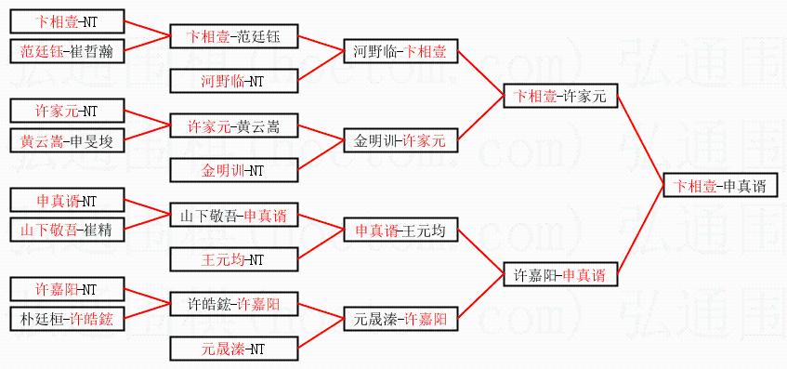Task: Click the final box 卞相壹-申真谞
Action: (720, 186)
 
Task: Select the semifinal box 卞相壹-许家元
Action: (560, 96)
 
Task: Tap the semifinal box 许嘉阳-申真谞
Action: (560, 274)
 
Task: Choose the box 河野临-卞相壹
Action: (400, 51)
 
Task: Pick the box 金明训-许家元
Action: (400, 140)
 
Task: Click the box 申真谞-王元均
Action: (400, 231)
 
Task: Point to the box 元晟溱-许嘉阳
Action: (400, 319)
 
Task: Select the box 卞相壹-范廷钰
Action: (234, 36)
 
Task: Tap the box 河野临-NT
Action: (234, 82)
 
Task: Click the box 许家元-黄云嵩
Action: (234, 126)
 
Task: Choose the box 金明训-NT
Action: (234, 170)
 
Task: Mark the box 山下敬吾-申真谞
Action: (234, 216)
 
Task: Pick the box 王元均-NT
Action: (234, 259)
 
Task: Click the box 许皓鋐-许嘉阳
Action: (234, 304)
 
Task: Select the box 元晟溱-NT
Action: (234, 349)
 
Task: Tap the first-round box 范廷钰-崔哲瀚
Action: (67, 51)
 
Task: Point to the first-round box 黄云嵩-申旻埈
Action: (67, 141)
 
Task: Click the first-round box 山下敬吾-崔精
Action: (67, 231)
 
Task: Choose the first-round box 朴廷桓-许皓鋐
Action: (67, 319)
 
